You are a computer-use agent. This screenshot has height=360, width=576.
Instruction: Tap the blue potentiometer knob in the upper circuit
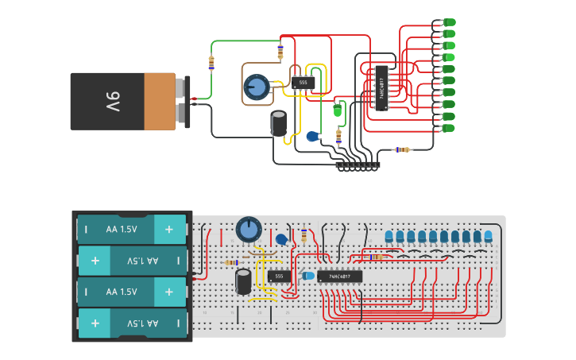(x=256, y=87)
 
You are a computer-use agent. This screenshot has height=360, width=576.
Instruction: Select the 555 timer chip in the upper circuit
(x=303, y=83)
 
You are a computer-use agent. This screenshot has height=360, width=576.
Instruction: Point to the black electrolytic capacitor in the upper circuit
(x=279, y=123)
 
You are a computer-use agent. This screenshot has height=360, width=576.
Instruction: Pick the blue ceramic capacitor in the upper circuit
(x=313, y=137)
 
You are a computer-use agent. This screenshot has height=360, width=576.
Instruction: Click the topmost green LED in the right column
(x=449, y=22)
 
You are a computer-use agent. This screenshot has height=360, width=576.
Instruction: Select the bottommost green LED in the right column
(x=448, y=128)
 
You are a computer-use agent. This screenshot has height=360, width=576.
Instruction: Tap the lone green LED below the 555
(x=337, y=111)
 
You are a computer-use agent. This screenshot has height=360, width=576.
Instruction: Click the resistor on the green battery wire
(x=211, y=62)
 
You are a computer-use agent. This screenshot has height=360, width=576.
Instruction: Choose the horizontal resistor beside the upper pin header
(x=404, y=149)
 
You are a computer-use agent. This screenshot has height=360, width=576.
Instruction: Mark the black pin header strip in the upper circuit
(x=358, y=165)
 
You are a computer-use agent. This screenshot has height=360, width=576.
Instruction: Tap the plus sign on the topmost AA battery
(x=168, y=229)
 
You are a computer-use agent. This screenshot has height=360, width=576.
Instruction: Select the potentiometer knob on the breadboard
(x=249, y=230)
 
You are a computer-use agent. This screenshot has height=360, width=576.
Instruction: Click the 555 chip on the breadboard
(x=278, y=277)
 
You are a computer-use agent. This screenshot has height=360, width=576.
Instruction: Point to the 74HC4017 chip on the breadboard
(x=339, y=277)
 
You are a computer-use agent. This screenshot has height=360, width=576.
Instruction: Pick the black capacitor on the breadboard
(x=244, y=281)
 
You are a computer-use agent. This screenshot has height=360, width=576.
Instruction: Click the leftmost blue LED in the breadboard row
(x=389, y=236)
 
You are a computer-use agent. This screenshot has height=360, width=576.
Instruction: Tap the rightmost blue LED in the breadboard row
(x=488, y=236)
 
